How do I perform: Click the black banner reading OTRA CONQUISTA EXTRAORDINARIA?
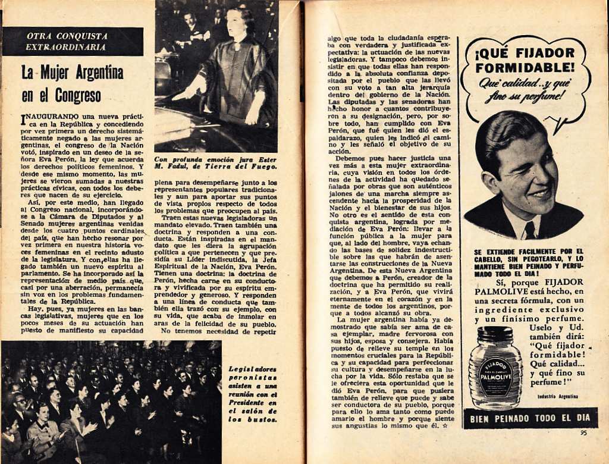pos(73,41)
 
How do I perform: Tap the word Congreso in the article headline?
pos(78,95)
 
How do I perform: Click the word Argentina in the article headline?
pos(95,73)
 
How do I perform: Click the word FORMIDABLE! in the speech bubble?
pos(525,67)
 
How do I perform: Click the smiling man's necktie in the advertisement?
pos(529,230)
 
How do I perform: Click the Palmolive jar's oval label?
pos(495,377)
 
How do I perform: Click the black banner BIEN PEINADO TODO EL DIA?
pos(530,418)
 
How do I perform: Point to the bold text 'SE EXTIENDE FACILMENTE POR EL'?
pos(529,252)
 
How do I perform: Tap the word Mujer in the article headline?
pos(56,73)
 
